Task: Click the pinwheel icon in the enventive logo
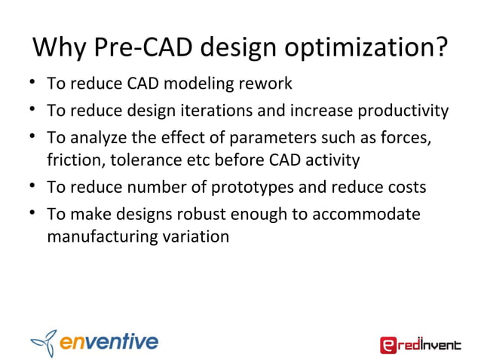pyautogui.click(x=44, y=342)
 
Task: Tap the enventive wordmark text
pyautogui.click(x=109, y=342)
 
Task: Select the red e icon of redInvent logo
pyautogui.click(x=388, y=345)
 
